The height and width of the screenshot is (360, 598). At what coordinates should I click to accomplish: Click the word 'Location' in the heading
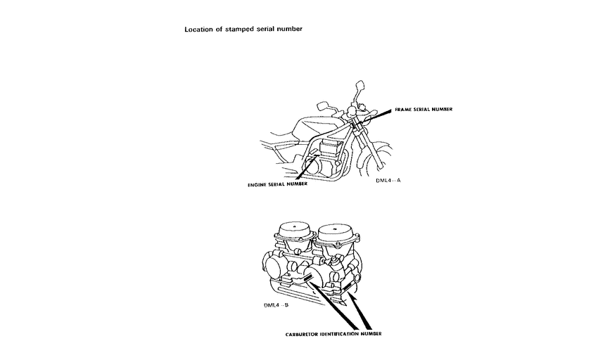click(x=198, y=30)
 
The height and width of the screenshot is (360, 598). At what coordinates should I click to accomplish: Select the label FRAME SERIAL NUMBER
click(x=424, y=110)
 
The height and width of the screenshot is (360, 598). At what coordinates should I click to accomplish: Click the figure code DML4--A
click(x=388, y=180)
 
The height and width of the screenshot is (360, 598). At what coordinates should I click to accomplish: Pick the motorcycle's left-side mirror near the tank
click(x=322, y=105)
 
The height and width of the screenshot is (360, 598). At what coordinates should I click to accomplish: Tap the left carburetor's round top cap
click(x=292, y=232)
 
